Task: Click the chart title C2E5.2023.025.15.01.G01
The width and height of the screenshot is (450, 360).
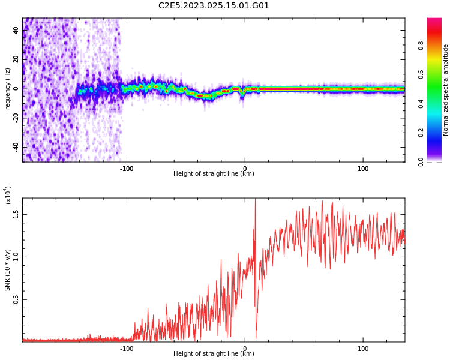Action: click(214, 6)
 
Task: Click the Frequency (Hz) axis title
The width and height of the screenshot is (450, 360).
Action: click(8, 90)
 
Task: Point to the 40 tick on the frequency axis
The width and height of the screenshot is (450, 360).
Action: click(16, 29)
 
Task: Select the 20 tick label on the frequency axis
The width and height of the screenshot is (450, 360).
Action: click(16, 59)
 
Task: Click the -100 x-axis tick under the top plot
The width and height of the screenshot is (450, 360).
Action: click(126, 169)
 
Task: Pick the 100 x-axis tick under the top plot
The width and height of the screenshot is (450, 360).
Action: click(363, 169)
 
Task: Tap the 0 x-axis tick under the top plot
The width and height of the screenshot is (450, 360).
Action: click(244, 169)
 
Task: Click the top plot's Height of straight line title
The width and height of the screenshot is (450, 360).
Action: click(214, 174)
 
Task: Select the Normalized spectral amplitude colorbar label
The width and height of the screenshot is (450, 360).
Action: click(446, 90)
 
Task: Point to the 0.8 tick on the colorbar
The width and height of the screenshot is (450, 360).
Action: click(437, 44)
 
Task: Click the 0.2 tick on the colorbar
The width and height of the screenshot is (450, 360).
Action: click(437, 132)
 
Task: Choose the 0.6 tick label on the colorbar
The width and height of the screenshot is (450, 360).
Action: click(437, 74)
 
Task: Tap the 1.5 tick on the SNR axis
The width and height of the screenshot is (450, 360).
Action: click(16, 214)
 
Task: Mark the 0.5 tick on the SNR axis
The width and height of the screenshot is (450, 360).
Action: click(16, 300)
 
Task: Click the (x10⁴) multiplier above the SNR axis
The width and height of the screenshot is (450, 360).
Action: click(9, 195)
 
